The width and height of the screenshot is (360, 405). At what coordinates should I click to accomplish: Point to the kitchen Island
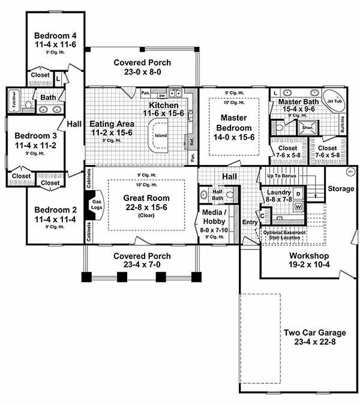(x=161, y=134)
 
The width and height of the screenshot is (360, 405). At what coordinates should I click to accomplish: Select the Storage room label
(x=340, y=189)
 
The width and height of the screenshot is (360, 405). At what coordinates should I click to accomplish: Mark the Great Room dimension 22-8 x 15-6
(x=146, y=208)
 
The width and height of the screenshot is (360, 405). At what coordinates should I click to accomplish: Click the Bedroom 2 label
(x=52, y=209)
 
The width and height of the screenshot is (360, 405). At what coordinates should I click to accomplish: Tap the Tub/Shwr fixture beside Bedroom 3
(x=14, y=101)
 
